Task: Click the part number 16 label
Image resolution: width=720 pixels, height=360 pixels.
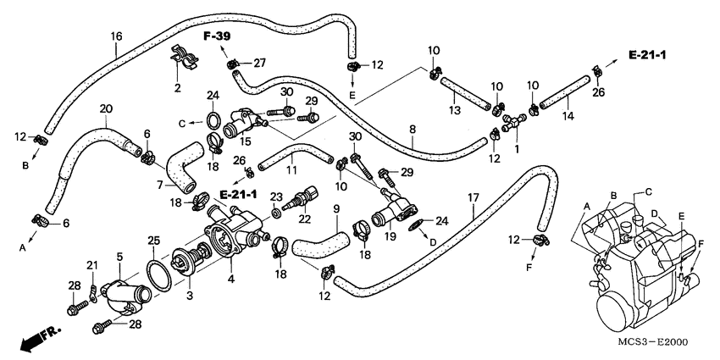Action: pos(117,36)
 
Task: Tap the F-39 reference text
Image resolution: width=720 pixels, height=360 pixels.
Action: pos(218,36)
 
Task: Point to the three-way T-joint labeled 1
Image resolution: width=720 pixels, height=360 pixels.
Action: pos(513,122)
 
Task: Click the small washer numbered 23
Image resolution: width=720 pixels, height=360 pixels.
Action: pos(276,213)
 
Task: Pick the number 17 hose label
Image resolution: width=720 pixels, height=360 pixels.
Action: pos(474,198)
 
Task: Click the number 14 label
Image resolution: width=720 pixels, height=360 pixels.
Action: pos(568,116)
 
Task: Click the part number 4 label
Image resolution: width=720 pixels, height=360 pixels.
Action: pos(231,279)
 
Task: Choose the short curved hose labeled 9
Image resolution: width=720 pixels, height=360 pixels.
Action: pos(321,243)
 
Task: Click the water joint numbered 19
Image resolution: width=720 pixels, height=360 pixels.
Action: pos(394,210)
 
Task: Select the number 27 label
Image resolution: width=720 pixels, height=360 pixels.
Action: pos(260,64)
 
